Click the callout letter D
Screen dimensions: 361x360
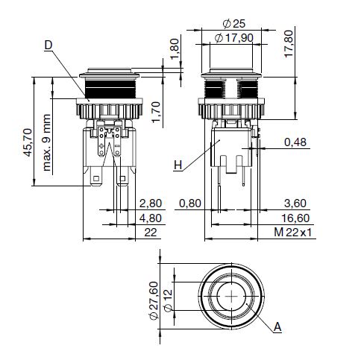[x=48, y=45]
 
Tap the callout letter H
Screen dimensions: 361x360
[x=178, y=165]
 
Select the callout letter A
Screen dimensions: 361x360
[x=277, y=327]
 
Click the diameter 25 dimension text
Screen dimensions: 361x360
[x=234, y=24]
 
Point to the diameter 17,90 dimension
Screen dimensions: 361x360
[x=233, y=38]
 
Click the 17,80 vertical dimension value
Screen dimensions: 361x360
[x=289, y=44]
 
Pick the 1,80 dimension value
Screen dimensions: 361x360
[x=175, y=49]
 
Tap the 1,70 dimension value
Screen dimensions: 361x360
[x=156, y=113]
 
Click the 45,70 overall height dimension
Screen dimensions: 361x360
[x=28, y=142]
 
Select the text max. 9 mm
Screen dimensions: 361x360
[x=46, y=142]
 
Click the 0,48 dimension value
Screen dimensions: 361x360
[x=295, y=142]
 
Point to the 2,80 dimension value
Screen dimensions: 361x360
[x=151, y=203]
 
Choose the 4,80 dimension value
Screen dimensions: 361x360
[x=151, y=218]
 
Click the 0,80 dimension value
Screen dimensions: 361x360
[x=190, y=203]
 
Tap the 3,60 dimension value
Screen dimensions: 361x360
[x=295, y=203]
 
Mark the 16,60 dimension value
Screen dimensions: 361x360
[x=295, y=218]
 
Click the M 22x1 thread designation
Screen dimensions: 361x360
[x=292, y=233]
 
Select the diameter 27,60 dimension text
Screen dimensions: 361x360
[x=154, y=300]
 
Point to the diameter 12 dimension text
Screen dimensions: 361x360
[x=168, y=300]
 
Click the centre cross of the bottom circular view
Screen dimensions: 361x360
[x=231, y=296]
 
